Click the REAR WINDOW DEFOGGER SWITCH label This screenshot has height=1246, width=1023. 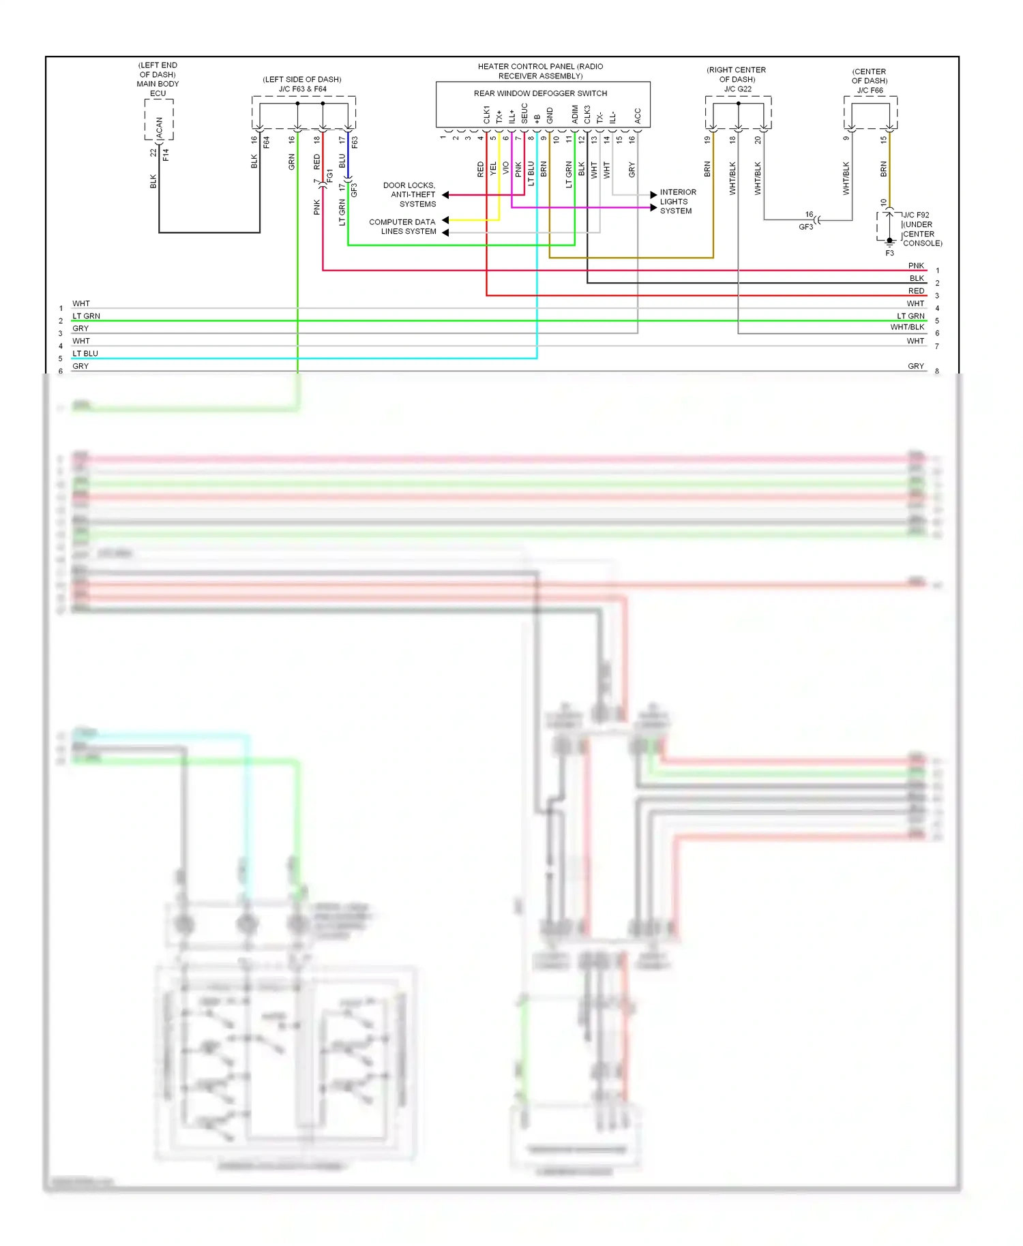[x=540, y=93]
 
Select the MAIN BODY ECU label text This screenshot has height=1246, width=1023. [x=158, y=84]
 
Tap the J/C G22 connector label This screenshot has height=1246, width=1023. [x=737, y=89]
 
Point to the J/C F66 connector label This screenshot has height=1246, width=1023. [x=870, y=90]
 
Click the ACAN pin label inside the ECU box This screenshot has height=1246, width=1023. [x=160, y=127]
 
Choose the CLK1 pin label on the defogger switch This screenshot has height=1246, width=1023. [x=486, y=115]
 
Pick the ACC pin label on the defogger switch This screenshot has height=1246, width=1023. [x=638, y=116]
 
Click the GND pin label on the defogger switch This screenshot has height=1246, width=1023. [x=550, y=115]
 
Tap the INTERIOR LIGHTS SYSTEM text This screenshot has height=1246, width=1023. [x=677, y=202]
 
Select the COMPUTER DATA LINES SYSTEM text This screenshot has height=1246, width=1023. [x=402, y=227]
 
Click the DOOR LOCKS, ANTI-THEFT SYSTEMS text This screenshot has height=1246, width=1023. [x=409, y=195]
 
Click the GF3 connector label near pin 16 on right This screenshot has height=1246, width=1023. [x=805, y=227]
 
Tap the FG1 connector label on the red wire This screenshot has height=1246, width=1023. [x=330, y=176]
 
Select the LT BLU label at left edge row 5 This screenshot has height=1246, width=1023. [x=85, y=354]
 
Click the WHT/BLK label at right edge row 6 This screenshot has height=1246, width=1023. [x=907, y=327]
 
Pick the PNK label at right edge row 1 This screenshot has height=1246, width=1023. [x=916, y=266]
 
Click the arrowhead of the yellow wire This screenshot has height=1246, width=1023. [x=445, y=220]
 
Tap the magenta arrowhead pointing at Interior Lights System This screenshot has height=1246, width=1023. [x=653, y=208]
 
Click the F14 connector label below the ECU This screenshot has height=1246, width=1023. [x=166, y=155]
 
